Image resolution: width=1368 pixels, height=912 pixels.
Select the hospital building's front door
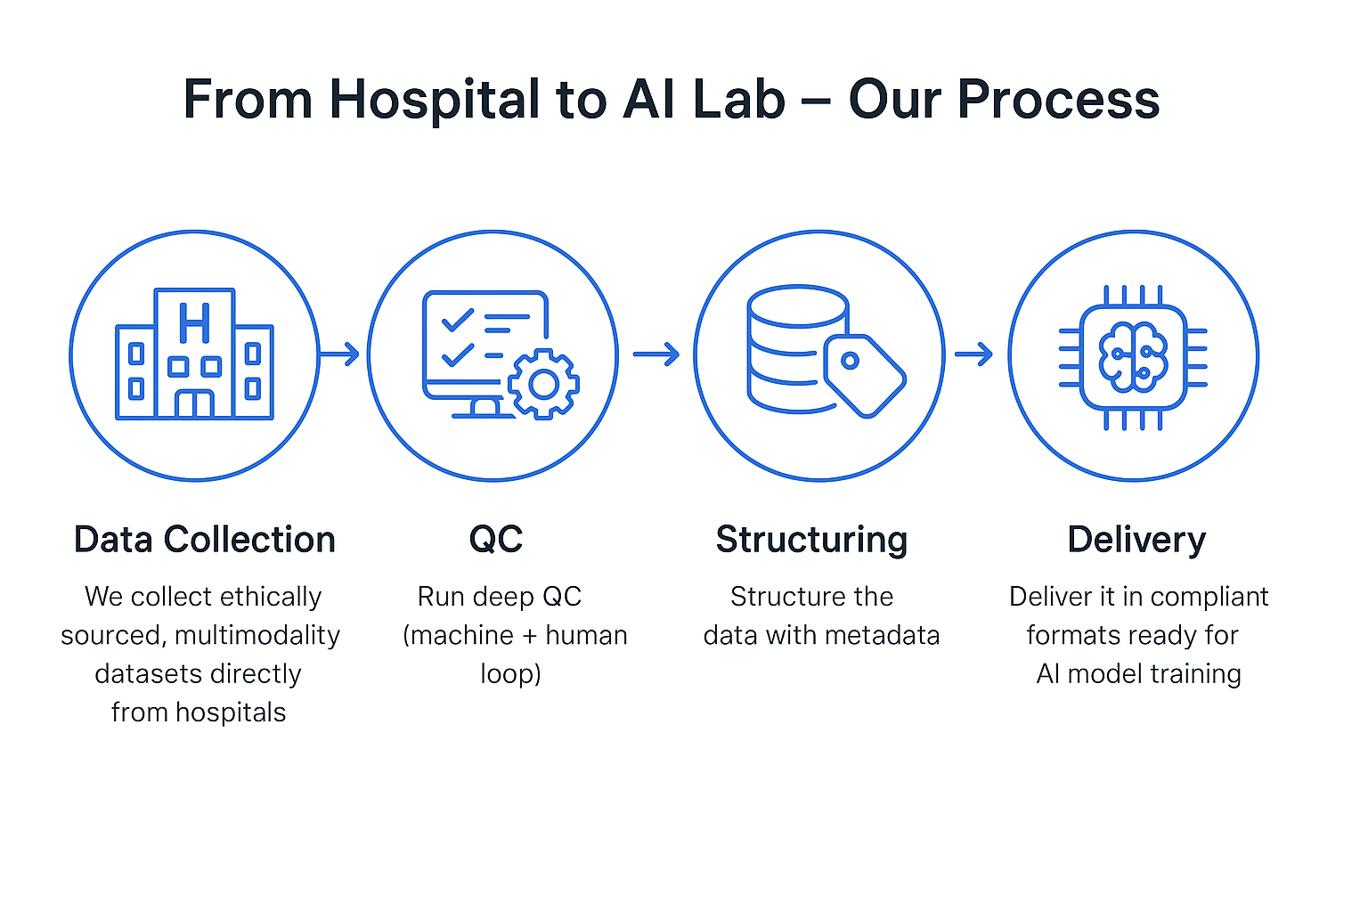pos(194,403)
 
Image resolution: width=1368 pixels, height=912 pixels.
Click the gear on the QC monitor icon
pos(543,384)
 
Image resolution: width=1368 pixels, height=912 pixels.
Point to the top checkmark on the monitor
pos(458,319)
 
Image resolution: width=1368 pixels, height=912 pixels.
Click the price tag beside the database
pos(863,375)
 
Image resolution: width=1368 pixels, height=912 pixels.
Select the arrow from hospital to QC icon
pos(340,354)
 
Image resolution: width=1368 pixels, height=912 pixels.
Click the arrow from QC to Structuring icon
pos(656,354)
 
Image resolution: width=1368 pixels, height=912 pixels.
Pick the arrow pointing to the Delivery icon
pos(973,354)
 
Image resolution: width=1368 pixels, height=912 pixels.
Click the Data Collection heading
pos(204,540)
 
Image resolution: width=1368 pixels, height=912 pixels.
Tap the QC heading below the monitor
pos(496,540)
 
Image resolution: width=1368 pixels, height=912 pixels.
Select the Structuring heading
pos(811,540)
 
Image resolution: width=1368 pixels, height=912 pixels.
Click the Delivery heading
pos(1136,540)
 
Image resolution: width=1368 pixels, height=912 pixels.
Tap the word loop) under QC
pos(510,673)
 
